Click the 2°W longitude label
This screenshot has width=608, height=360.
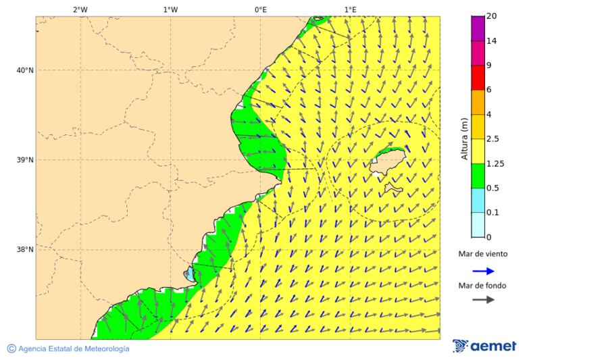click(x=80, y=9)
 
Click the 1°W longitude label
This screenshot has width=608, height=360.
click(x=170, y=9)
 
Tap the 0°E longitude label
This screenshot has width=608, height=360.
click(x=260, y=9)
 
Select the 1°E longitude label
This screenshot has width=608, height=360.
click(x=350, y=9)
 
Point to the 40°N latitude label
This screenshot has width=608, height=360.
click(x=24, y=70)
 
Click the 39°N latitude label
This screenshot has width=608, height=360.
click(x=24, y=160)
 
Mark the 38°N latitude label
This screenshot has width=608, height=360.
click(x=24, y=249)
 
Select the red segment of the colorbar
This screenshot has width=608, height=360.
click(x=478, y=78)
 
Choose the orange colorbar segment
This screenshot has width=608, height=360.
click(x=478, y=102)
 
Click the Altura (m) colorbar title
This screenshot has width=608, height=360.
click(x=464, y=138)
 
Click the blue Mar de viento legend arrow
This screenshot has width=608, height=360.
click(x=483, y=270)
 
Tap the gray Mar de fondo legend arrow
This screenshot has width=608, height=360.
click(x=483, y=300)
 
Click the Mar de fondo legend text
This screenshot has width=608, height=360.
click(x=482, y=286)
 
